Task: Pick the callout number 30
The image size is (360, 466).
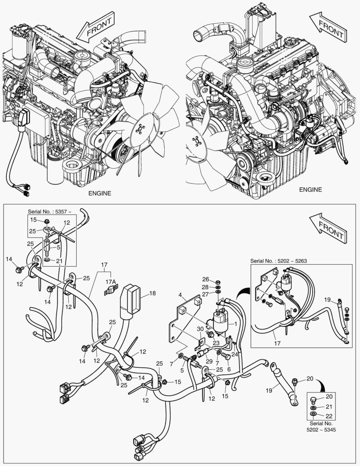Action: (x=200, y=329)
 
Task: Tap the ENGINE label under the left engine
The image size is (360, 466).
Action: (x=99, y=193)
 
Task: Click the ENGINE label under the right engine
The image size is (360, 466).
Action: (x=310, y=189)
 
